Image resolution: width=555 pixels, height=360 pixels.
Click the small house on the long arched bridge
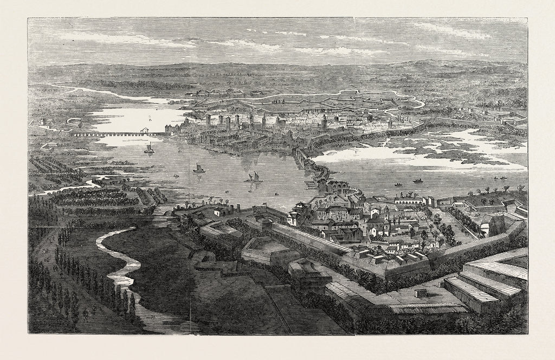pyautogui.click(x=145, y=130)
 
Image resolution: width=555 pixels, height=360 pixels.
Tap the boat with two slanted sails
pyautogui.click(x=253, y=177)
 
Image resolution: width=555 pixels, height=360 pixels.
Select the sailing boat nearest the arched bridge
pyautogui.click(x=149, y=147)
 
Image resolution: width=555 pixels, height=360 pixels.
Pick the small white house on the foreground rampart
pyautogui.click(x=218, y=211)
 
